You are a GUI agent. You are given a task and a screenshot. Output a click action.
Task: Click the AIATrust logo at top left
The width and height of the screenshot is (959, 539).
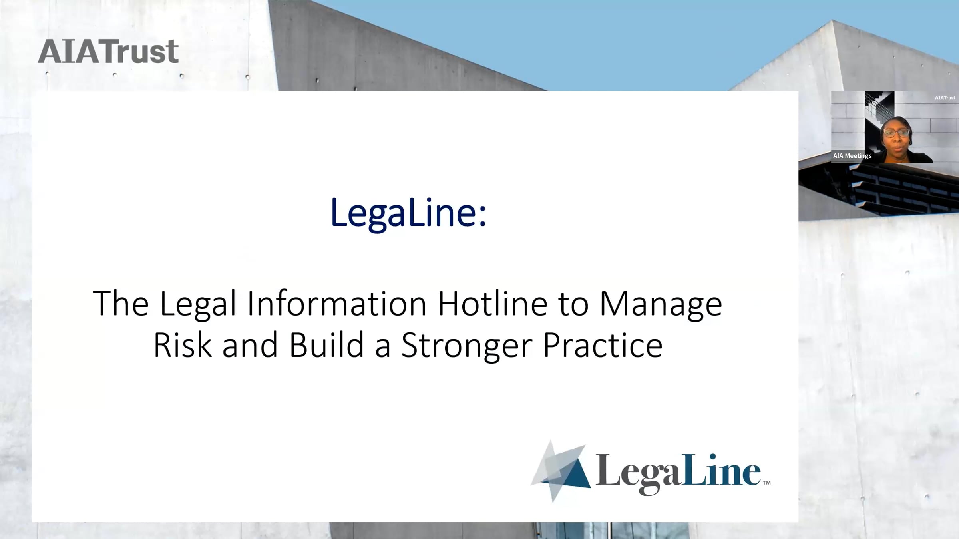pyautogui.click(x=108, y=51)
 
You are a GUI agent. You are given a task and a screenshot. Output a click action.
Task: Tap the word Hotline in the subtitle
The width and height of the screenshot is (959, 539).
pyautogui.click(x=493, y=303)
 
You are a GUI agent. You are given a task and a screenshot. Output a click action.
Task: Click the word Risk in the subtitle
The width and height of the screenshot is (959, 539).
pyautogui.click(x=183, y=344)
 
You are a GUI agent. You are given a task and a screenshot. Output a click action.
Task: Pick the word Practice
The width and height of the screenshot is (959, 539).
pyautogui.click(x=603, y=344)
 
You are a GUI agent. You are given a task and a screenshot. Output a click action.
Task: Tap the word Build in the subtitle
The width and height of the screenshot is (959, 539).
pyautogui.click(x=326, y=344)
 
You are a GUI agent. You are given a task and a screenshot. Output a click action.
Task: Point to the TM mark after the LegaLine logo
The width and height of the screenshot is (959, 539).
pyautogui.click(x=766, y=483)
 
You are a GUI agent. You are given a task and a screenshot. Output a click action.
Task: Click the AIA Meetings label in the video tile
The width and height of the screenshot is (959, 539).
pyautogui.click(x=852, y=156)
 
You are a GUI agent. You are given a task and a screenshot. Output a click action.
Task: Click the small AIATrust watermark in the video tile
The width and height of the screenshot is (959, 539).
pyautogui.click(x=945, y=98)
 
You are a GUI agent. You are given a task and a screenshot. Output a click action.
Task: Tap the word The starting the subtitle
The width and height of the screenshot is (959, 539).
pyautogui.click(x=121, y=303)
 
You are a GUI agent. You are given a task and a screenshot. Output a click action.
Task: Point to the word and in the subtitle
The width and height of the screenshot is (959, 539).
pyautogui.click(x=250, y=344)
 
